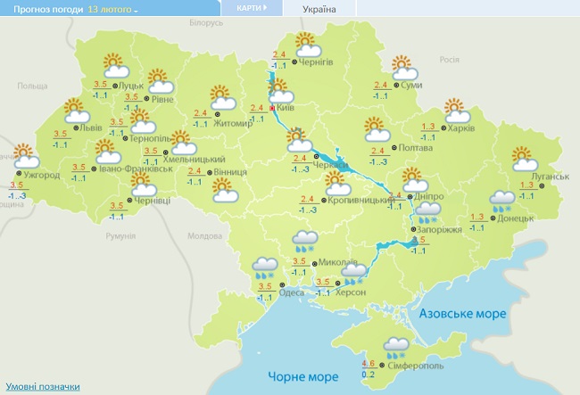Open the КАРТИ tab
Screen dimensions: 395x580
point(250,8)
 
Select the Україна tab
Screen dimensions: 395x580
point(319,9)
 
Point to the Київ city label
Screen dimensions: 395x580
point(286,107)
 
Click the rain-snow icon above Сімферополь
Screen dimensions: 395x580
point(395,346)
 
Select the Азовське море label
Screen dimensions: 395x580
point(463,315)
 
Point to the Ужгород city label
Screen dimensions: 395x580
point(42,175)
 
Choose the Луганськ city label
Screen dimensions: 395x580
point(550,176)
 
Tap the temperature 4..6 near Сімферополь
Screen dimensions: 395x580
point(369,363)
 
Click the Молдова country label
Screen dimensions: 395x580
point(203,236)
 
